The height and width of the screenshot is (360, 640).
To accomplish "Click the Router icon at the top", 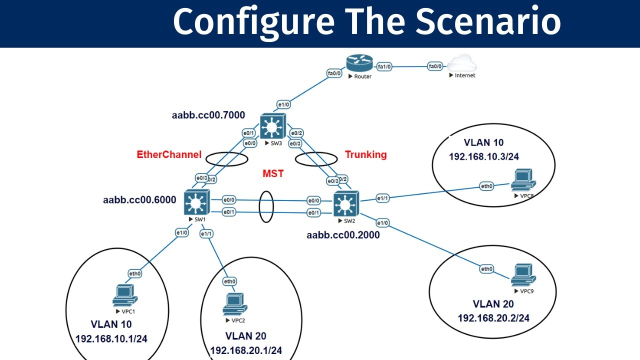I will [x=359, y=63].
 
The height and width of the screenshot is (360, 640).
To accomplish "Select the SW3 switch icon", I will [x=272, y=127].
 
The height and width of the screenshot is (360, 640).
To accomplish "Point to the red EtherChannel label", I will [x=169, y=155].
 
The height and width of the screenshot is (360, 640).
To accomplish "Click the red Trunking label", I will [x=365, y=154].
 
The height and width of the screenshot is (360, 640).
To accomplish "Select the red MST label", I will [x=273, y=174].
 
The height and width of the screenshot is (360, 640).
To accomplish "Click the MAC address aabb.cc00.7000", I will [x=208, y=115].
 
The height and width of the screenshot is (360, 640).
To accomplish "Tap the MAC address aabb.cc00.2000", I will [x=343, y=234].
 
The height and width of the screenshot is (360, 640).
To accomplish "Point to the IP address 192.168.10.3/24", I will [x=483, y=156].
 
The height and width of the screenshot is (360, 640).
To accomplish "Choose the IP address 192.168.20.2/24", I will [x=493, y=317].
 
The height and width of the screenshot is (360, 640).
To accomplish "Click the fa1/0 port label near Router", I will [x=385, y=66].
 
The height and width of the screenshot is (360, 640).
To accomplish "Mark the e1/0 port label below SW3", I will [x=283, y=105].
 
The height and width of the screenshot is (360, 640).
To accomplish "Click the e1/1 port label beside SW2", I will [x=382, y=198].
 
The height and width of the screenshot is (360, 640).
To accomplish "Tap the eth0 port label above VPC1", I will [x=135, y=273].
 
